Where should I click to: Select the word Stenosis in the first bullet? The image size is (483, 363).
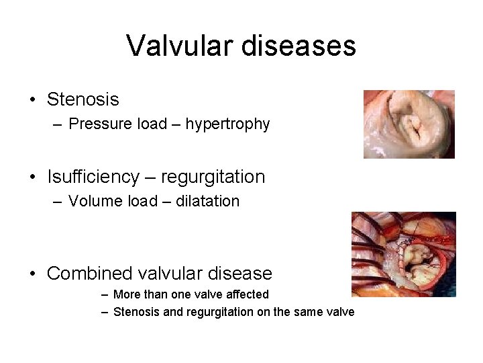coord(83,99)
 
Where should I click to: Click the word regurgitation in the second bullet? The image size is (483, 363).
coord(215,177)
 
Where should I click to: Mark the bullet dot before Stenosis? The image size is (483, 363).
coord(32,100)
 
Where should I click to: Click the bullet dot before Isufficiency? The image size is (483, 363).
coord(32,177)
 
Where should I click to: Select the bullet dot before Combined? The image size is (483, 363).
coord(32,274)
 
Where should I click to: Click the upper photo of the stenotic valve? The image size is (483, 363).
coord(409,124)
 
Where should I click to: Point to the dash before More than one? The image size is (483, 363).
coord(105,294)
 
